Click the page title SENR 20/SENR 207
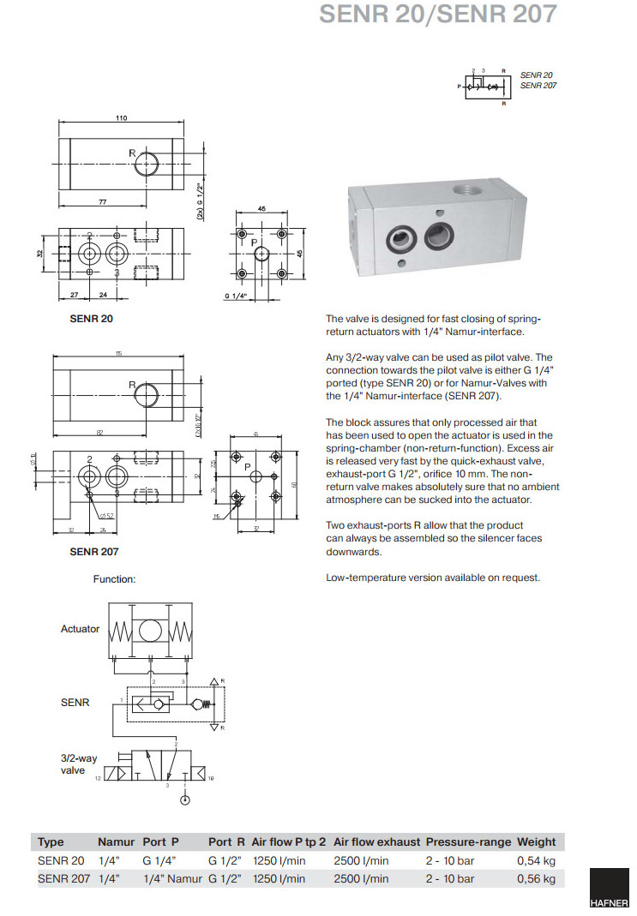[437, 15]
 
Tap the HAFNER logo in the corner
[609, 891]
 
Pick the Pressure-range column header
[468, 841]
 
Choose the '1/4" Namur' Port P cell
[172, 878]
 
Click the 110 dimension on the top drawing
[121, 118]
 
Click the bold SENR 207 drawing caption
[93, 552]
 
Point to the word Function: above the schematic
[114, 579]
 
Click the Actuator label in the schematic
[80, 628]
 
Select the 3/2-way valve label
[73, 764]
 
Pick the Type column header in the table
[51, 841]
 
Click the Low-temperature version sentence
[433, 578]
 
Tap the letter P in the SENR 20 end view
[255, 242]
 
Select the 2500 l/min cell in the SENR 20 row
[361, 860]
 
